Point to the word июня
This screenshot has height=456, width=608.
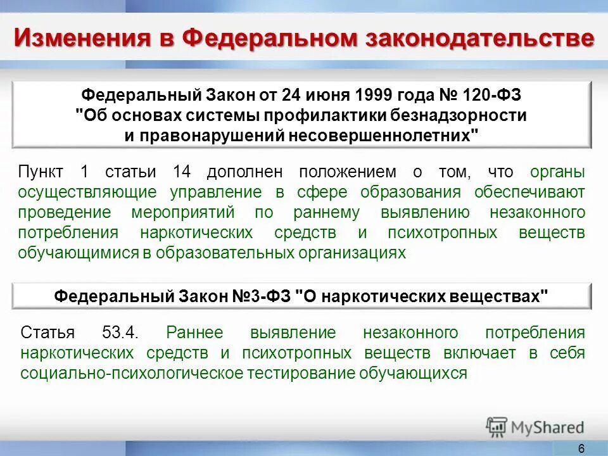tap(327, 96)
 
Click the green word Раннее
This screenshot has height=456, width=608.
tap(197, 332)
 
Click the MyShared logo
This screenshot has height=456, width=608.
tap(535, 427)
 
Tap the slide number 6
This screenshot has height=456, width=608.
tap(581, 448)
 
